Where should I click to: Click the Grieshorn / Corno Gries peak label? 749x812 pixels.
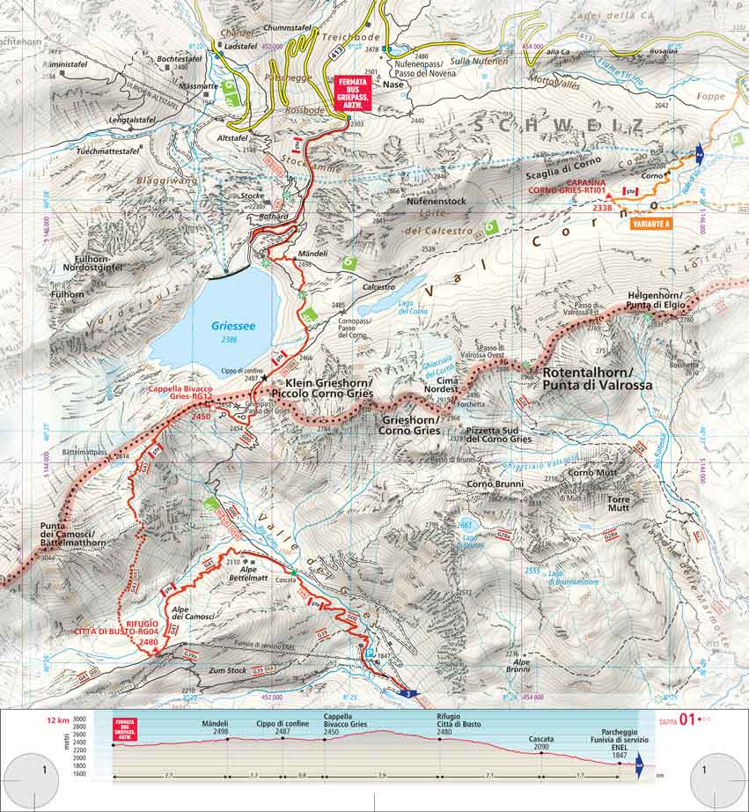[409, 425]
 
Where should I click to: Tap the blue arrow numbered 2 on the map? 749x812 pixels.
[701, 154]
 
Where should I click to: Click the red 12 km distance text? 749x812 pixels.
[58, 720]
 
